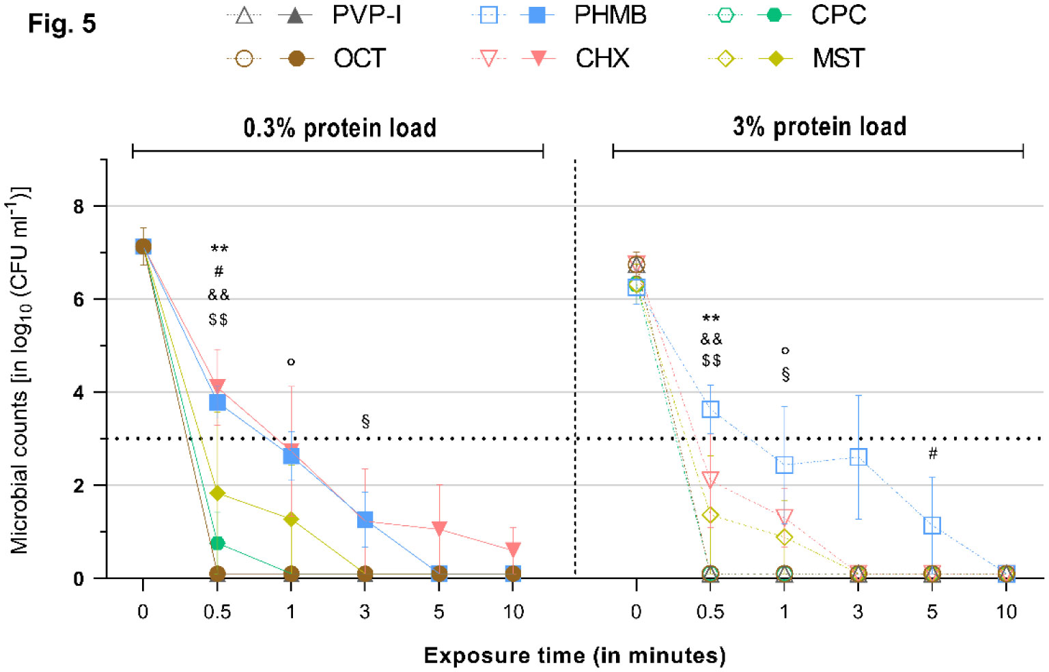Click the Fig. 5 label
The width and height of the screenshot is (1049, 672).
(x=61, y=25)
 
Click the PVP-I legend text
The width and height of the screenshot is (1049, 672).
(x=366, y=16)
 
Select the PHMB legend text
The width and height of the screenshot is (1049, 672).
(x=610, y=16)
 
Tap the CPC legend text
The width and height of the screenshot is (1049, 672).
(x=838, y=16)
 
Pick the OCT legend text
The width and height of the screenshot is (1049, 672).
(x=359, y=59)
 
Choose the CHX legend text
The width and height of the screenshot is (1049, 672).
(x=602, y=59)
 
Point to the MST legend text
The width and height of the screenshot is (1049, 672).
(x=838, y=59)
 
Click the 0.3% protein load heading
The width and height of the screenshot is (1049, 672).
(x=339, y=128)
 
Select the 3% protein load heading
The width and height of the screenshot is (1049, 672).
(x=819, y=127)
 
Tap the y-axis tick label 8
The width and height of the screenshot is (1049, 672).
(x=79, y=206)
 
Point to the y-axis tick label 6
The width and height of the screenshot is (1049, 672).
(x=79, y=299)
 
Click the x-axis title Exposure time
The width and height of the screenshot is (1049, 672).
(x=574, y=656)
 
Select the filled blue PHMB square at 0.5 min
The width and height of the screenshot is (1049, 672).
(x=217, y=402)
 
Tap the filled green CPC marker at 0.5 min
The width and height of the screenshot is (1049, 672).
(x=217, y=543)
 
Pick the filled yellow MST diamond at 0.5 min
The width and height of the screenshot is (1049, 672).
(x=217, y=493)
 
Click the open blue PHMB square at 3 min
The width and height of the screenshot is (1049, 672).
(x=858, y=457)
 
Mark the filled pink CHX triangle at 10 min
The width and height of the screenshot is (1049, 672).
(x=513, y=549)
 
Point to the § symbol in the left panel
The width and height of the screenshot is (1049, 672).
(x=365, y=421)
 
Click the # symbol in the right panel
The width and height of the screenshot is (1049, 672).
(x=932, y=453)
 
